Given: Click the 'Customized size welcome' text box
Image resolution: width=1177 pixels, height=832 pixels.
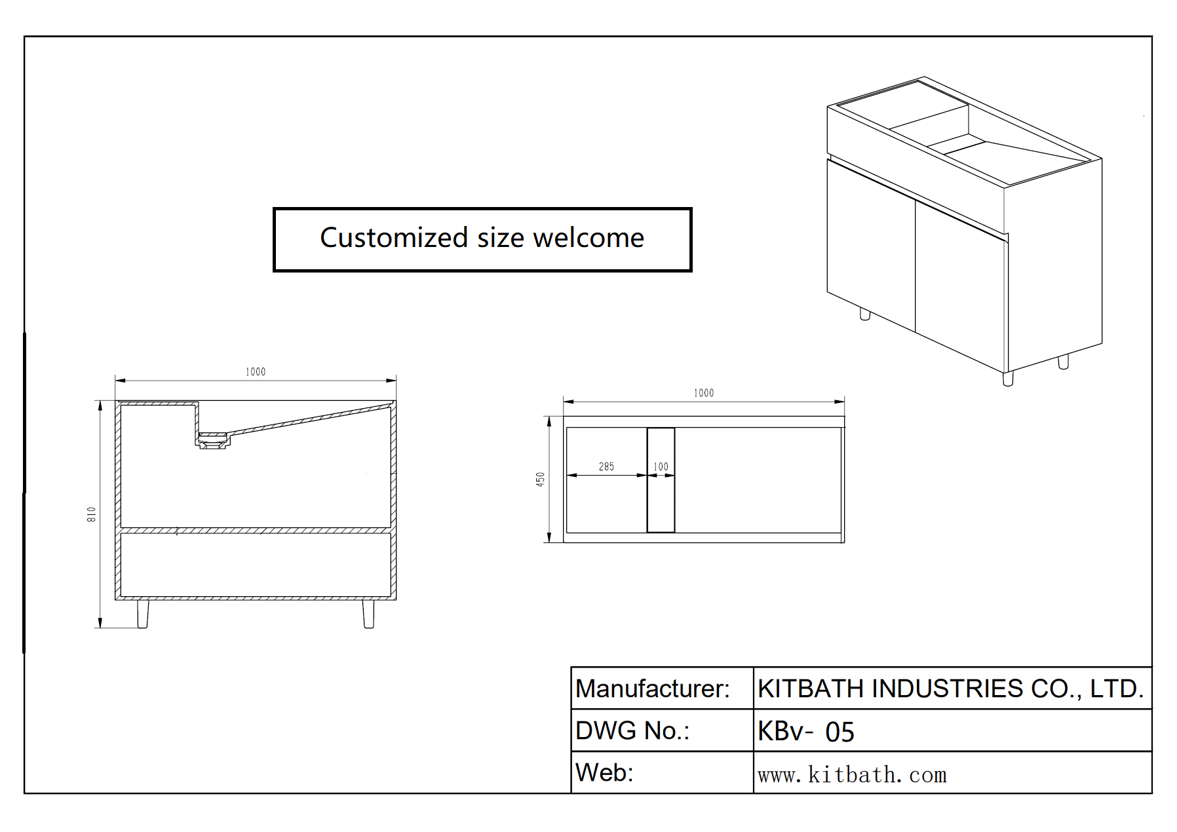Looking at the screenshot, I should coord(482,239).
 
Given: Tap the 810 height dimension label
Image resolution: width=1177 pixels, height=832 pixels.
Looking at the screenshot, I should coord(92,514).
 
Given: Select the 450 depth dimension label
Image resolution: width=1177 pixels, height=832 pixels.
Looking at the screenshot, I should coord(540,479).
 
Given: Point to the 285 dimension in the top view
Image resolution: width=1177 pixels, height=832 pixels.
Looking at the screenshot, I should coord(606,466).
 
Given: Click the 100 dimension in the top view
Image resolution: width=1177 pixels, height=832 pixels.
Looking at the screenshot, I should coord(661,466).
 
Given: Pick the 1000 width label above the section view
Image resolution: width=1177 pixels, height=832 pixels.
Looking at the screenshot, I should coord(256,371).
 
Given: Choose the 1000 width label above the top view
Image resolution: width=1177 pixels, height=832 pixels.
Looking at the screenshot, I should coord(703,393).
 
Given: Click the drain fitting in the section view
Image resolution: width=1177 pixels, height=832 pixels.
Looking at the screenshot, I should coord(213,440).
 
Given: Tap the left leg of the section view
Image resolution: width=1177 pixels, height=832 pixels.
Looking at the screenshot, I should coord(142,614).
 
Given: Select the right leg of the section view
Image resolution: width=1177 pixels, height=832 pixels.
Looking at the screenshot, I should coord(368,614).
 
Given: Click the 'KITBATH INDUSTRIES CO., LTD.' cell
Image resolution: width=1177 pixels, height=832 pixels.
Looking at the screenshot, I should coord(951,689).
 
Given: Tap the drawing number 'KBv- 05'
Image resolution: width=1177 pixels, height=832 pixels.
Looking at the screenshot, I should coord(806,731).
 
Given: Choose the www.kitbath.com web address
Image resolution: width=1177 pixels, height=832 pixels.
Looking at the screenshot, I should coord(852,775).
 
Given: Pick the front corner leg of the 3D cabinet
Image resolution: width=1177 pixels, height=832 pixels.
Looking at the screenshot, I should coord(1008,378).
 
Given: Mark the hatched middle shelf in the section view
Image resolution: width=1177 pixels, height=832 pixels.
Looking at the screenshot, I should coord(256,530).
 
